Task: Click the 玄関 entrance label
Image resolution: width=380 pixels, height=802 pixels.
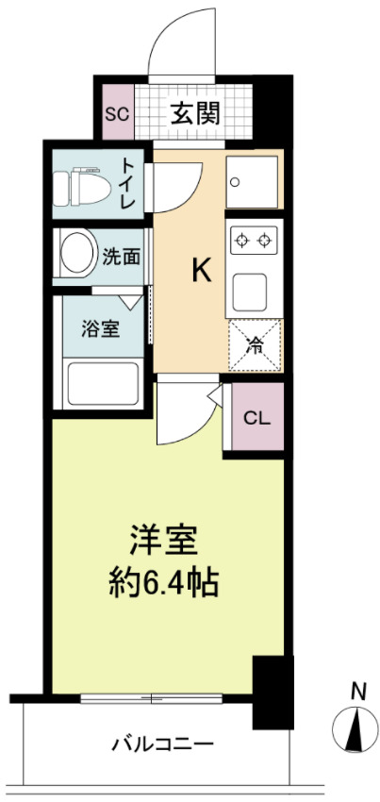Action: tap(195, 114)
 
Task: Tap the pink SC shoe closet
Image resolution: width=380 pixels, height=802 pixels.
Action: tap(117, 114)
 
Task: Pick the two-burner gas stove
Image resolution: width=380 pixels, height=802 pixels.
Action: tap(255, 240)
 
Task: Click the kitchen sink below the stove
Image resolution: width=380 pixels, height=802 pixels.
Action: tap(254, 288)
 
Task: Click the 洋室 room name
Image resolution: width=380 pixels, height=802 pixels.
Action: tap(163, 540)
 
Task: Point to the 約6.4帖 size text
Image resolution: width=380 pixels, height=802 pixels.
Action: tap(163, 582)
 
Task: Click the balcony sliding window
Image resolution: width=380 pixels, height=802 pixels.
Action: tap(152, 699)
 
